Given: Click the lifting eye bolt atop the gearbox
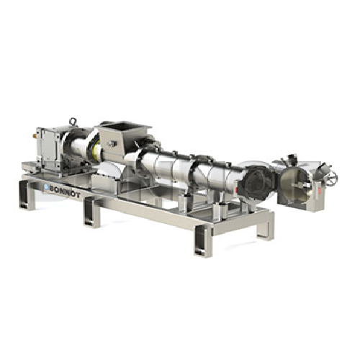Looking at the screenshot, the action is pyautogui.click(x=72, y=122).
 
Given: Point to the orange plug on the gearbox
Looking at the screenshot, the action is pyautogui.click(x=35, y=136).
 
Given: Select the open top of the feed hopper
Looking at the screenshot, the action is pyautogui.click(x=125, y=127).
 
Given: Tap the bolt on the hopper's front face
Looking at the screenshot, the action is pyautogui.click(x=112, y=144).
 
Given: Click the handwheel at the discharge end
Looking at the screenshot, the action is pyautogui.click(x=333, y=177).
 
